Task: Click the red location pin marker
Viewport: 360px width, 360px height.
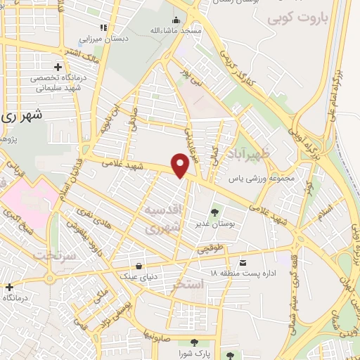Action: [181, 165]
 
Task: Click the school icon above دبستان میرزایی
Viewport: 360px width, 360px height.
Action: [103, 27]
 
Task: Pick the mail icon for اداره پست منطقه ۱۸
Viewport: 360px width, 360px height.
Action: [243, 261]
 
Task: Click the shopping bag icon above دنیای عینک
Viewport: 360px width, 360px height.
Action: [140, 266]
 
